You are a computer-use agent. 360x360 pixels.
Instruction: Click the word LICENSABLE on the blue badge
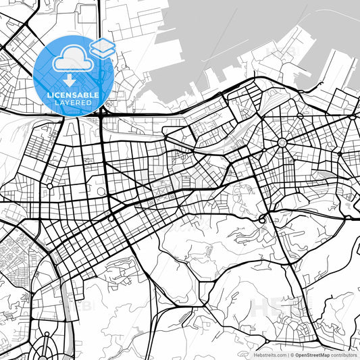(73, 96)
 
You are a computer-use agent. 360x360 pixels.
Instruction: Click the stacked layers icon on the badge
(103, 47)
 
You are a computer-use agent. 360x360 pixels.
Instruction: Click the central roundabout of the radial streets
(282, 143)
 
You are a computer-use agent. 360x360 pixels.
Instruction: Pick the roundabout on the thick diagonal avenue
(111, 219)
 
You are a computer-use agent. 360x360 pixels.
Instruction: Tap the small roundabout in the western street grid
(49, 185)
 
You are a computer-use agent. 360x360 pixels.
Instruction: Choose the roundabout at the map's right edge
(353, 118)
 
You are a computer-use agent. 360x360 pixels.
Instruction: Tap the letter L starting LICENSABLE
(48, 96)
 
